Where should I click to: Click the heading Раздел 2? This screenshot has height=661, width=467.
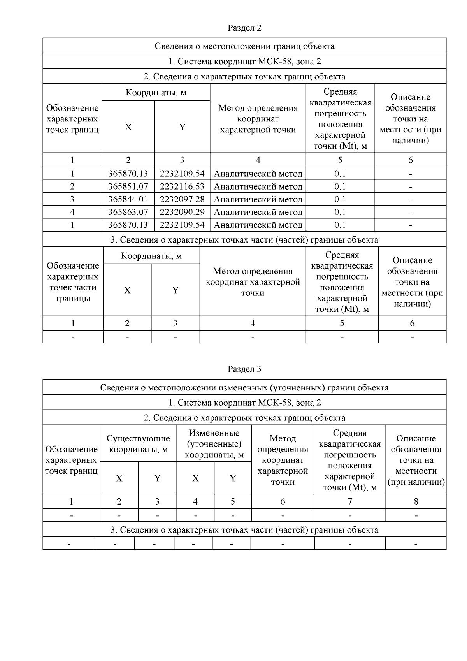pos(244,28)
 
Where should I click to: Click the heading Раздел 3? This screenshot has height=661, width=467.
pos(244,369)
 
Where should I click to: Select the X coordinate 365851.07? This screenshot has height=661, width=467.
pos(128,186)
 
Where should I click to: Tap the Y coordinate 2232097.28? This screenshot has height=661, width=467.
pos(182,199)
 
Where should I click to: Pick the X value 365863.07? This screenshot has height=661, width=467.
pos(128,212)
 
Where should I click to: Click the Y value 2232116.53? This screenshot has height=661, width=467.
pos(182,186)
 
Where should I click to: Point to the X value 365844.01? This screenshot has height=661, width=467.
pos(128,199)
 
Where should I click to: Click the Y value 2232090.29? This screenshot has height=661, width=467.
pos(182,212)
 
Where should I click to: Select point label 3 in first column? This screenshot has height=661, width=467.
pos(72,199)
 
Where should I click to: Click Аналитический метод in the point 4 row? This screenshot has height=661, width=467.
pos(258,212)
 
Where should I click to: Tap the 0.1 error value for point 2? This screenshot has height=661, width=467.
pos(340,186)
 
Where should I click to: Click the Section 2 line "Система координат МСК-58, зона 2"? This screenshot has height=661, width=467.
pos(244,61)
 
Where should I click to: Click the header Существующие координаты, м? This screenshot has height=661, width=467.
pos(138,444)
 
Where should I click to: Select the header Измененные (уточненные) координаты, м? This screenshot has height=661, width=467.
pos(214,444)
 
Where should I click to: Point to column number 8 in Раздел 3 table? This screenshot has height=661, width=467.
pos(416,501)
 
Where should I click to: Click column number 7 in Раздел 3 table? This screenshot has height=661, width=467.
pos(349,501)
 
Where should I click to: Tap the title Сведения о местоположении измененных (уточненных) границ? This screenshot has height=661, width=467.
pos(244,388)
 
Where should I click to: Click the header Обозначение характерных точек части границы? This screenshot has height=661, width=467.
pos(73,282)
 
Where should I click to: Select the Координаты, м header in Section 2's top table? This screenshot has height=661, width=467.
pos(156,93)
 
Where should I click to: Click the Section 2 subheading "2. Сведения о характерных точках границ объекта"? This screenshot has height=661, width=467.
pos(244,76)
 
